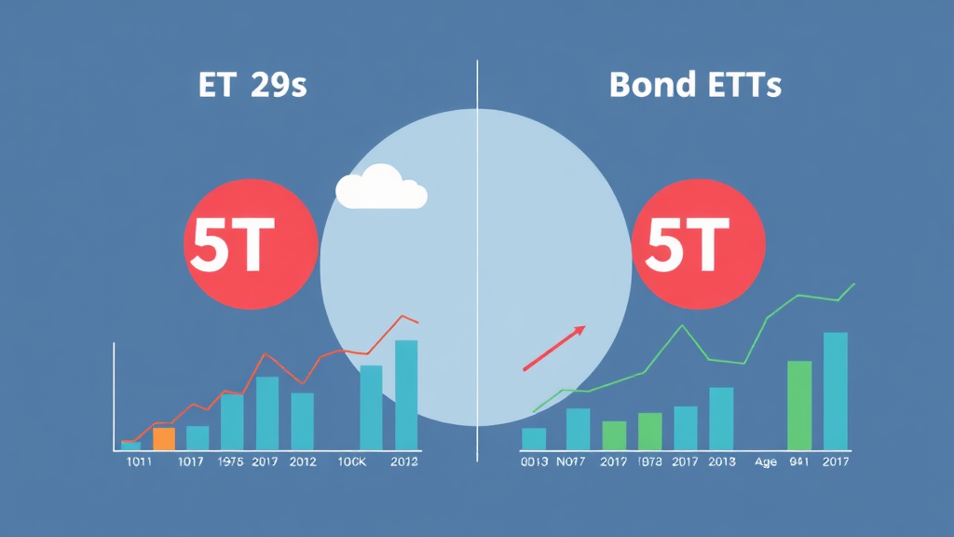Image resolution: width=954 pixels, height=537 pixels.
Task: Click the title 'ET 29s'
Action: point(252,86)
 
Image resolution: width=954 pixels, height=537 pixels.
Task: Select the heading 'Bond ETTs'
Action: point(695,86)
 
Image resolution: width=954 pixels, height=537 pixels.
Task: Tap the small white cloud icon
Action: point(380,189)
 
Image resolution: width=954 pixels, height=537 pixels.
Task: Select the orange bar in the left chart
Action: point(164,438)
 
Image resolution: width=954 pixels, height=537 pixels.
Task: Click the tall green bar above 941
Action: point(799,406)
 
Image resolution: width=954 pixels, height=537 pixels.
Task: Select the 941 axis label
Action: point(799,461)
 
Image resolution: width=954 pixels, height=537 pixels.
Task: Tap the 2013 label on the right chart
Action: point(720,461)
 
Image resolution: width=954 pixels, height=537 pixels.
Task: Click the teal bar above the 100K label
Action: point(371,407)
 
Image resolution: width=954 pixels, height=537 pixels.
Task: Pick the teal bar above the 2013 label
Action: point(721,419)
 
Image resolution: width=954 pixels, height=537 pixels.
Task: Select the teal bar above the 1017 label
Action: point(198,437)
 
